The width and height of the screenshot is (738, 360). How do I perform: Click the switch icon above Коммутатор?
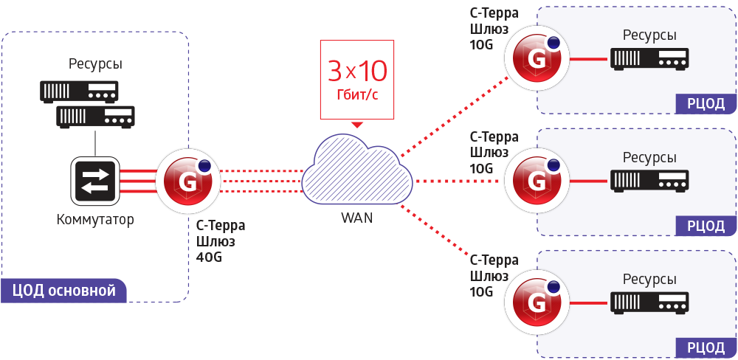click(94, 181)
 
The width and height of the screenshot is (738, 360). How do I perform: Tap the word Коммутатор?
click(95, 219)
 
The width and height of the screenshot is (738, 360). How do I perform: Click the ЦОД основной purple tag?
click(63, 291)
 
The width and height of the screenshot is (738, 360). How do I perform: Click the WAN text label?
click(356, 218)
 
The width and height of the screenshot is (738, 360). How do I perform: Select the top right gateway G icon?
click(538, 60)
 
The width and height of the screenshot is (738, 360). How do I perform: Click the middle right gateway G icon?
click(538, 181)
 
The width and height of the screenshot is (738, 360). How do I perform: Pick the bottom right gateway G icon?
click(538, 303)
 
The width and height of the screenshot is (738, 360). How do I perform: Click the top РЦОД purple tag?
click(706, 103)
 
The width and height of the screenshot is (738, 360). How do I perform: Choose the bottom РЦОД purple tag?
click(706, 347)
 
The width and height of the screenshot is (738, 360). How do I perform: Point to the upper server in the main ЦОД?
click(79, 91)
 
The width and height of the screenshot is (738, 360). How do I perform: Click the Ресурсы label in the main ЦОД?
click(95, 64)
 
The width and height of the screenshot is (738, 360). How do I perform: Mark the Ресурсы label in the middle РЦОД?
click(649, 158)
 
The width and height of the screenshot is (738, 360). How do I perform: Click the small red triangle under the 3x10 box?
click(357, 124)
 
